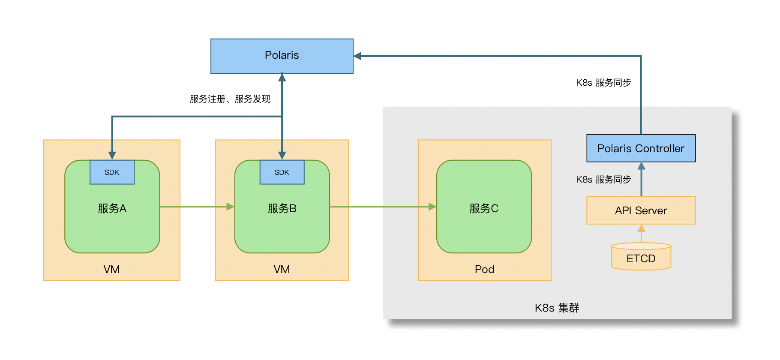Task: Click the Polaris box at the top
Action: coord(282,56)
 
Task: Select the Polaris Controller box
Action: coord(640,148)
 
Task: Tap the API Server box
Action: coord(640,210)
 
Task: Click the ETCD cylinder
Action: coord(640,258)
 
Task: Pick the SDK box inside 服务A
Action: coord(112,172)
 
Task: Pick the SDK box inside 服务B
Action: coord(282,172)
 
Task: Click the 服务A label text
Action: coord(112,209)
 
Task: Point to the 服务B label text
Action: coord(282,209)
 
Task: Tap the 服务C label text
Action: coord(483,209)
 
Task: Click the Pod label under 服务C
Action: coord(484,269)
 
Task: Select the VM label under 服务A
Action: coord(111,269)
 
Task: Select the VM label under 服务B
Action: coord(282,269)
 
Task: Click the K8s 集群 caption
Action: coord(556,308)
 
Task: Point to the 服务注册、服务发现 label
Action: coord(230,99)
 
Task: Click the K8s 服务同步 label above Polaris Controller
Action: coord(603,83)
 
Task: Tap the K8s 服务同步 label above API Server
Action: coord(603,180)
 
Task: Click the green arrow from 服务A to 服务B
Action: coord(195,207)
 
